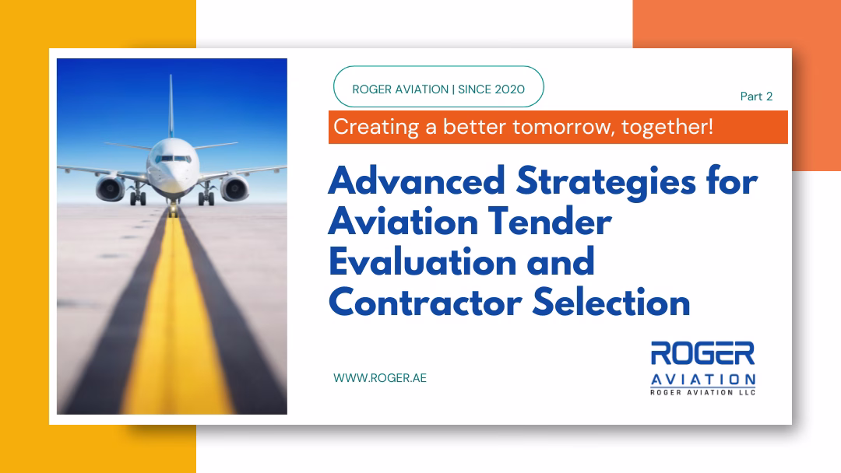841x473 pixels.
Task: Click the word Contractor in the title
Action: [x=424, y=302]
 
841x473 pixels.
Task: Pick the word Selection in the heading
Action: [x=612, y=302]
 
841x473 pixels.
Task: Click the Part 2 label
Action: [x=756, y=96]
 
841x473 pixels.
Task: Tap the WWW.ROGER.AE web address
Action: [x=380, y=377]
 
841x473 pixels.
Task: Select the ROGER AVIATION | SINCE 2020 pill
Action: [x=438, y=89]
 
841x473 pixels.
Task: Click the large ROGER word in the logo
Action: [x=703, y=354]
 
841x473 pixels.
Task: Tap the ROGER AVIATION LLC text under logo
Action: [x=703, y=393]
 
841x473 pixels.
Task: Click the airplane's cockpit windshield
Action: [x=172, y=158]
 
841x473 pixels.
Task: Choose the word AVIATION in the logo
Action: [x=703, y=379]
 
